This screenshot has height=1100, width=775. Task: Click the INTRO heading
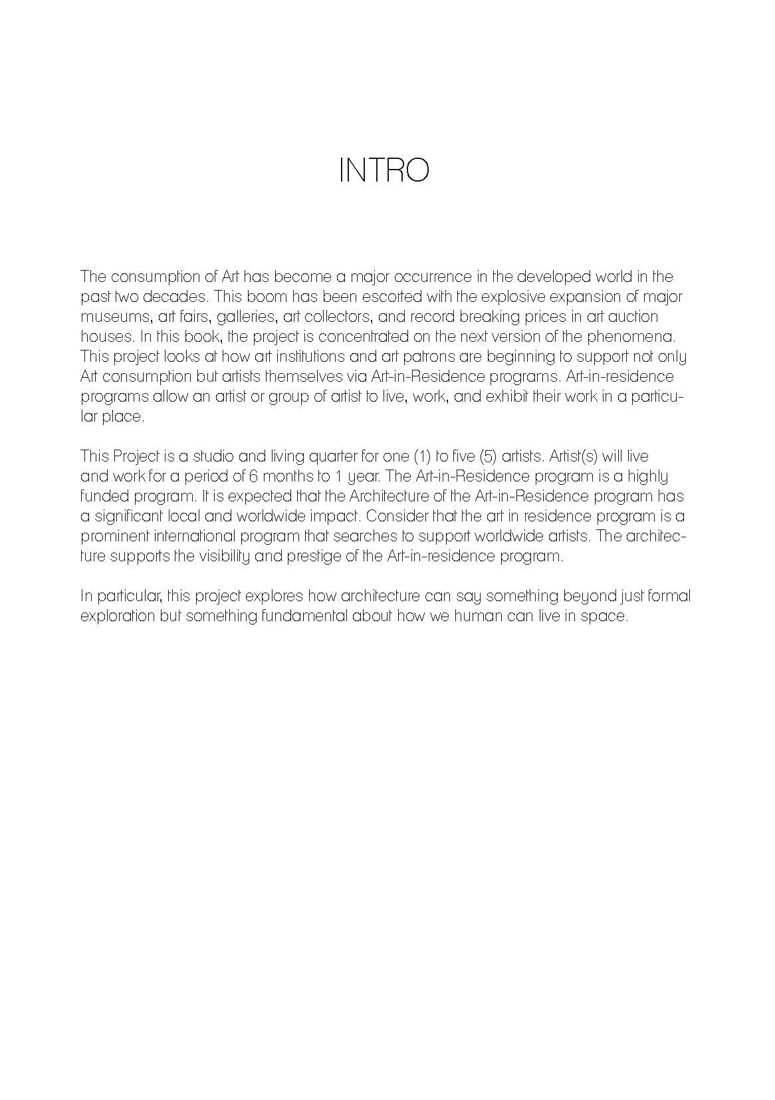tap(384, 170)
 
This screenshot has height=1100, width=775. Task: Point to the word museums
tap(111, 317)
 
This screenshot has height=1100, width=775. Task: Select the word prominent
tap(114, 537)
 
